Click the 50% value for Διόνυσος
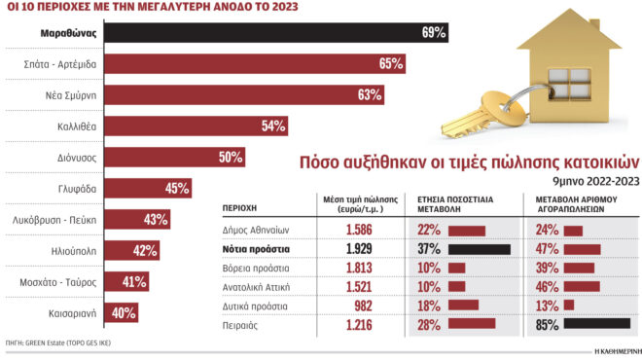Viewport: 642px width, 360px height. click(x=230, y=158)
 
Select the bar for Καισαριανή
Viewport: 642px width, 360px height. click(x=121, y=313)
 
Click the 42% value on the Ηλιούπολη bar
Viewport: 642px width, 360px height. click(x=145, y=251)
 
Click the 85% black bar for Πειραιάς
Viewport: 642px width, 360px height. click(x=596, y=323)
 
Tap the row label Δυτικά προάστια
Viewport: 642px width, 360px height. click(x=248, y=305)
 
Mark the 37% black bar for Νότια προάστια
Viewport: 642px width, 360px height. click(x=480, y=249)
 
